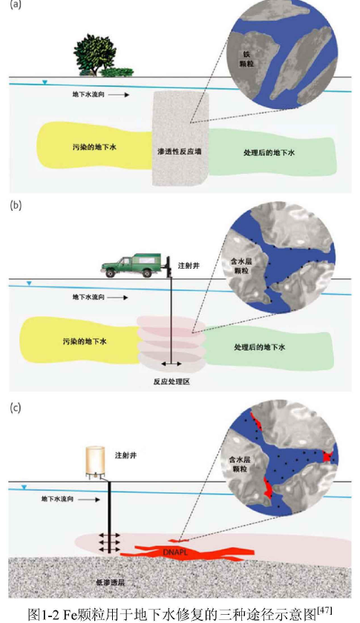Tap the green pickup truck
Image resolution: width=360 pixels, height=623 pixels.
coord(131,265)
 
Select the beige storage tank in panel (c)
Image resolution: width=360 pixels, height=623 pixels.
coord(96,461)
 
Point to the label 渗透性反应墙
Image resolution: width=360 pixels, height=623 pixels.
coord(179,151)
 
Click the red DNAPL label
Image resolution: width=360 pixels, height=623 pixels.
coord(174,552)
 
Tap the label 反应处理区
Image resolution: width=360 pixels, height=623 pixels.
coord(171,382)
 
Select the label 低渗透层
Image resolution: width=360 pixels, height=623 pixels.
coord(110,582)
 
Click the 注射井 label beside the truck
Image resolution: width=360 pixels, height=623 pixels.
coord(189,265)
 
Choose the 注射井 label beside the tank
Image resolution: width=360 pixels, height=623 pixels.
coord(126,455)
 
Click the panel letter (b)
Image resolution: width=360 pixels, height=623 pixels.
coord(16,206)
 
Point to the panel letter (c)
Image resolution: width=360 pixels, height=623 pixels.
coord(15,408)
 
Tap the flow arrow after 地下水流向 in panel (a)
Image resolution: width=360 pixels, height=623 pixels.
coord(119,95)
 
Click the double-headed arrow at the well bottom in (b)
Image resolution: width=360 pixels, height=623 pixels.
coord(171,364)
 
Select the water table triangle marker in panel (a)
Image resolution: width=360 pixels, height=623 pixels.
coord(45,82)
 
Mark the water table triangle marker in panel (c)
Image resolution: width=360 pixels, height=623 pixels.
coord(24,486)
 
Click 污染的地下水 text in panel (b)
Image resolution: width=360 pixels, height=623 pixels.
coord(85,342)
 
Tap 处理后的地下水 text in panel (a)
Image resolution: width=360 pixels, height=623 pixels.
coord(269,152)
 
